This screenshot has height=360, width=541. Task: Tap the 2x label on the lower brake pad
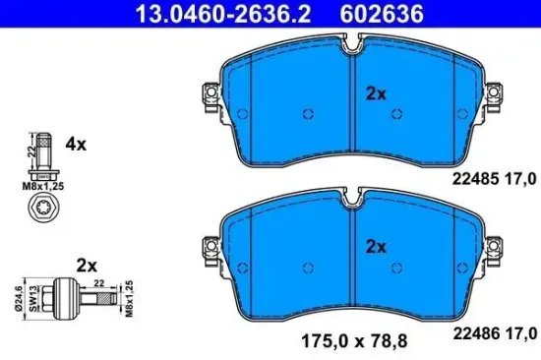[x=374, y=246]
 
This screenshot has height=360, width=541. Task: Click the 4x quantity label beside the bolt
[x=76, y=144]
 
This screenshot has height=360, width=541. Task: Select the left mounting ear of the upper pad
[x=210, y=95]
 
